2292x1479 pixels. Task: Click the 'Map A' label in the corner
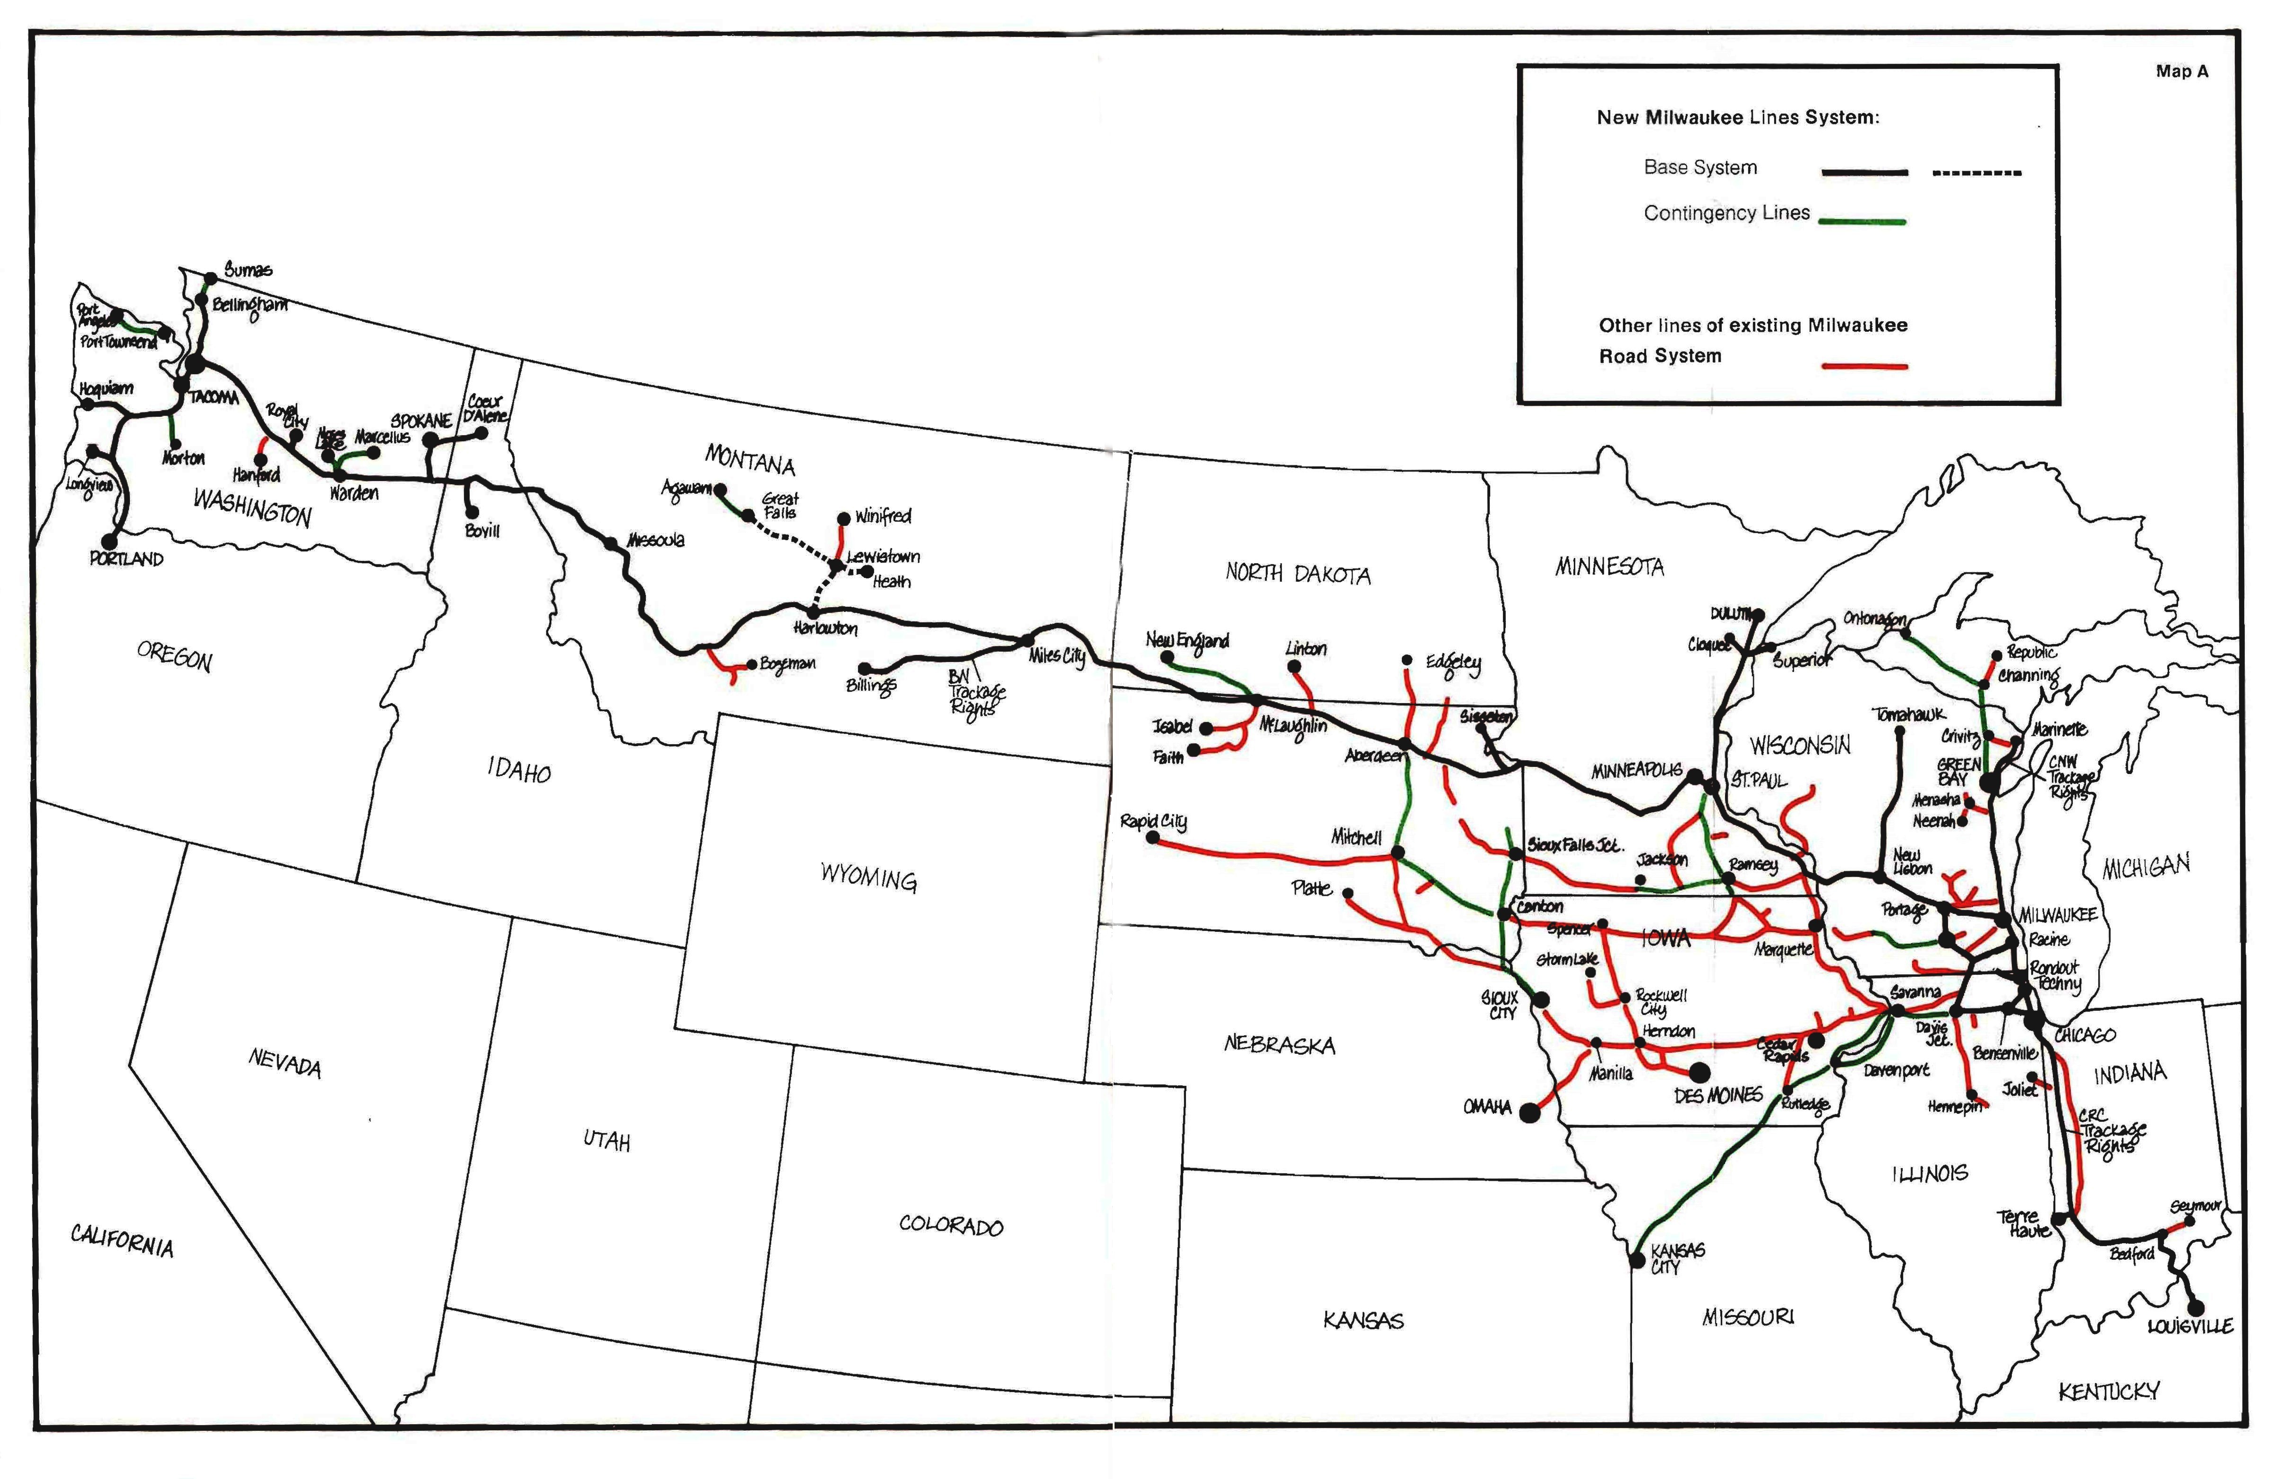pos(2181,71)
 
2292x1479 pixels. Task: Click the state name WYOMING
pos(868,877)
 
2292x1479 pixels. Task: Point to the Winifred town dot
pos(843,519)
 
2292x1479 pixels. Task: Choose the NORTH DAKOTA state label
pos(1297,574)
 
